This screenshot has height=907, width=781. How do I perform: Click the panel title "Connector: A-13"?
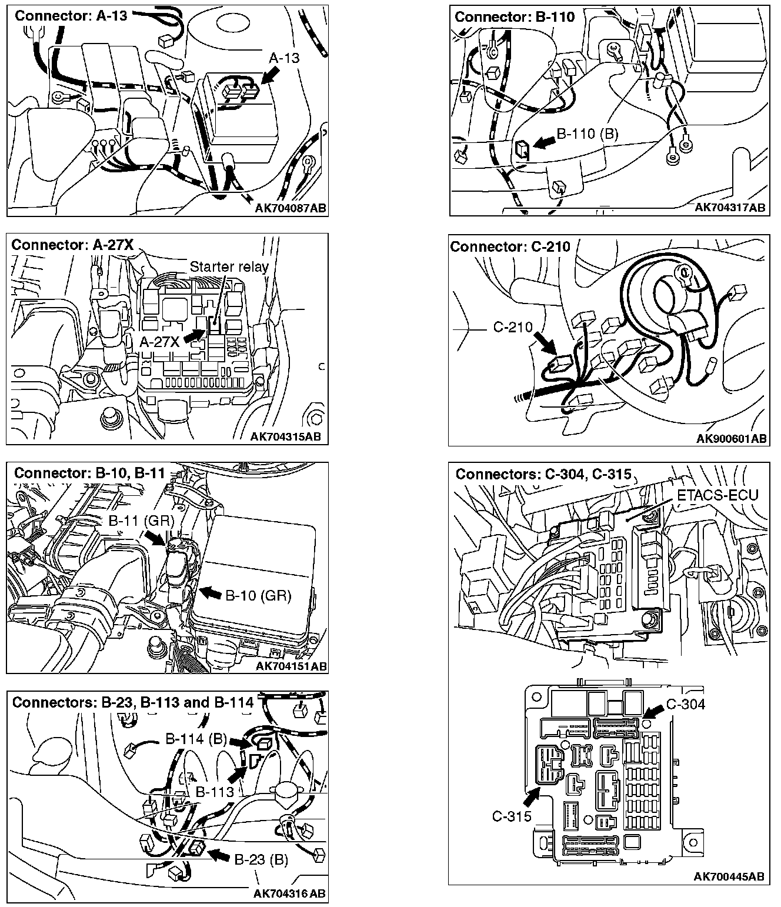click(x=71, y=16)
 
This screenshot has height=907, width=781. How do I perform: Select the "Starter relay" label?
click(x=229, y=266)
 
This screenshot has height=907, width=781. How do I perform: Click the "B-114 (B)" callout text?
click(x=196, y=739)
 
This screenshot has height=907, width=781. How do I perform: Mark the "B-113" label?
click(x=215, y=792)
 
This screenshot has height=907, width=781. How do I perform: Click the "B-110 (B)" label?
click(x=588, y=134)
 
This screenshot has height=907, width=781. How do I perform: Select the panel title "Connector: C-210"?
click(x=510, y=246)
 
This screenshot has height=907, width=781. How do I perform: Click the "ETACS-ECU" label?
click(x=717, y=495)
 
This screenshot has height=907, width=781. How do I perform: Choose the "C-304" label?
click(x=685, y=704)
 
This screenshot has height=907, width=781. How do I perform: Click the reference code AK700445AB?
click(x=729, y=877)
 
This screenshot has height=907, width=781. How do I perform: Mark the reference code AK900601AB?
click(x=731, y=439)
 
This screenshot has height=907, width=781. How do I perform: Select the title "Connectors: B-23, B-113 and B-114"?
click(x=133, y=702)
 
